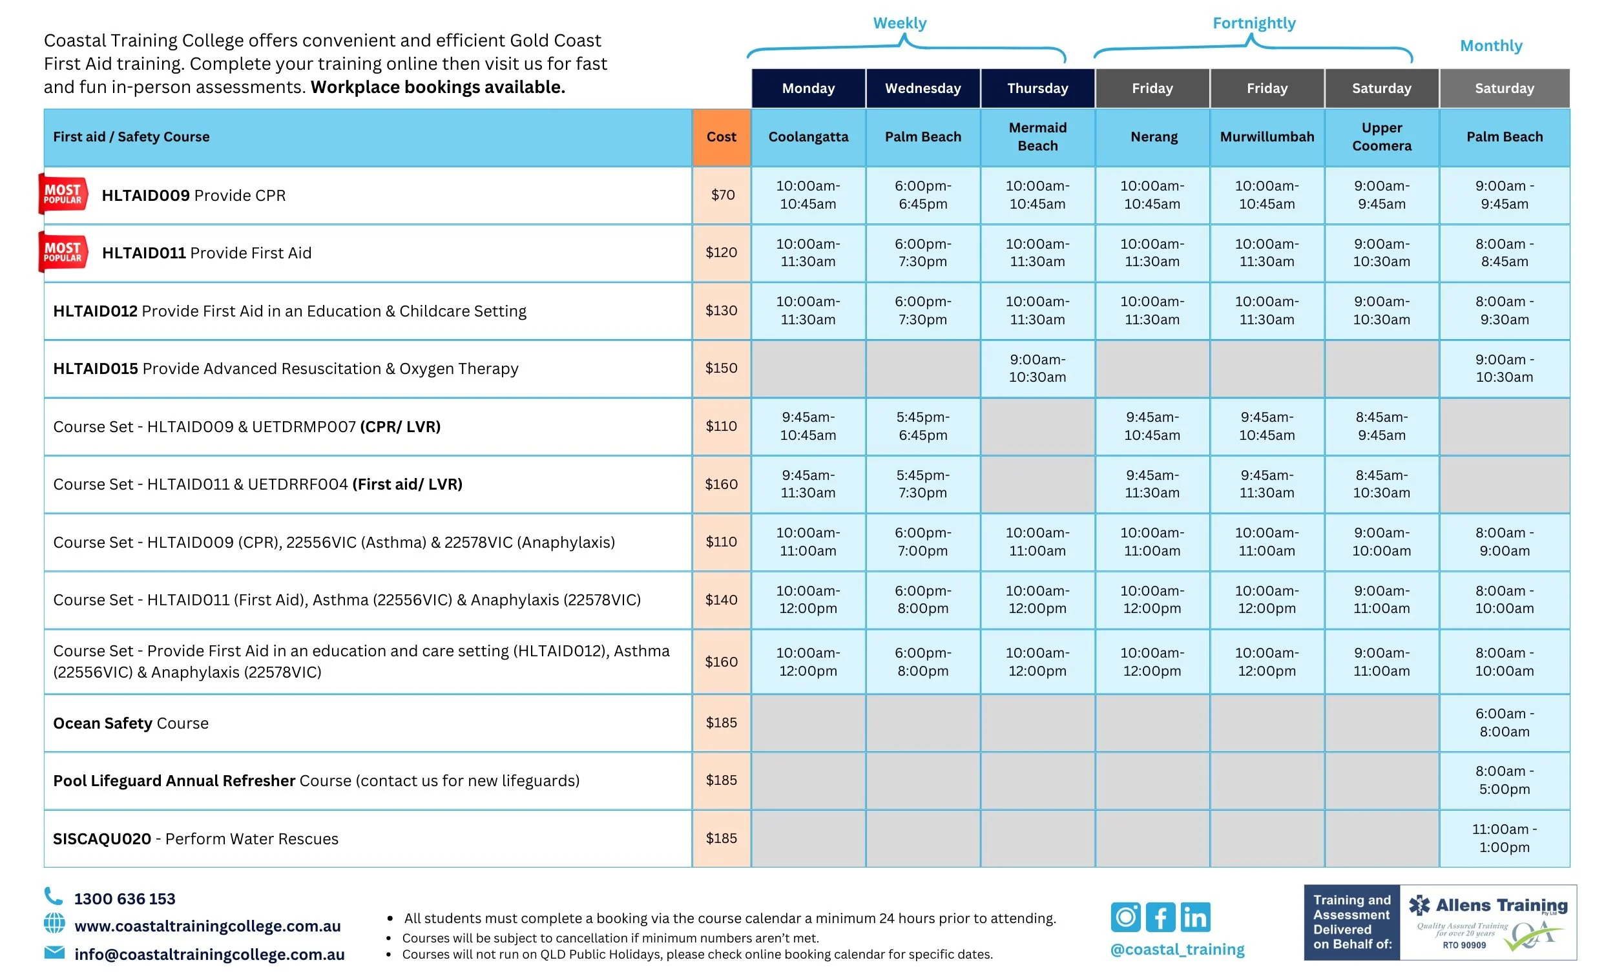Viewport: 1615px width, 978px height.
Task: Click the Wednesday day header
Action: coord(922,88)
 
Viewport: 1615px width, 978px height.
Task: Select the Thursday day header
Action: coord(1037,88)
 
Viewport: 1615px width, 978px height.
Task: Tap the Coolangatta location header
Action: coord(807,136)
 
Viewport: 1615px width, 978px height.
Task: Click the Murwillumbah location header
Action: coord(1266,136)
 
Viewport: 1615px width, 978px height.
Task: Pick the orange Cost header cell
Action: coord(721,136)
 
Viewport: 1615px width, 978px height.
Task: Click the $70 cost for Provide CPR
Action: coord(722,194)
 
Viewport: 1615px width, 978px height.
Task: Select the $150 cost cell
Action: coord(721,368)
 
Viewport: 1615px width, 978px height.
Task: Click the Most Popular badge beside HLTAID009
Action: coord(63,194)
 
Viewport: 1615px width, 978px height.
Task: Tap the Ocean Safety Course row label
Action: coord(130,723)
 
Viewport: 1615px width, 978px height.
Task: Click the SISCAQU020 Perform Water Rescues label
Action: coord(195,838)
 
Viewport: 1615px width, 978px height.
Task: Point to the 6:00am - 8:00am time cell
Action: coord(1504,722)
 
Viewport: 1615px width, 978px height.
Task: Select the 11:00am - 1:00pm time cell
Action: coord(1504,838)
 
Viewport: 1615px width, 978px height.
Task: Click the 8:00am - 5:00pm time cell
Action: coord(1504,780)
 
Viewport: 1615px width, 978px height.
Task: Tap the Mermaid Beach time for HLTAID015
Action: coord(1037,368)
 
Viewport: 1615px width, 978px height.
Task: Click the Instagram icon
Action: coord(1125,917)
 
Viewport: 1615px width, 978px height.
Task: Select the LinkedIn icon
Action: coord(1195,917)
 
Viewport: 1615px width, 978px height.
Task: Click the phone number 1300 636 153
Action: coord(125,899)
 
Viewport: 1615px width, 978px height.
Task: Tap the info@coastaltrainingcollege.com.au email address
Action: coord(209,954)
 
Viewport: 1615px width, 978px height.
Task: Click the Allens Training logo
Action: coord(1487,922)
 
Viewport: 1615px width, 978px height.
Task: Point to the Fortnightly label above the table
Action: coord(1253,24)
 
